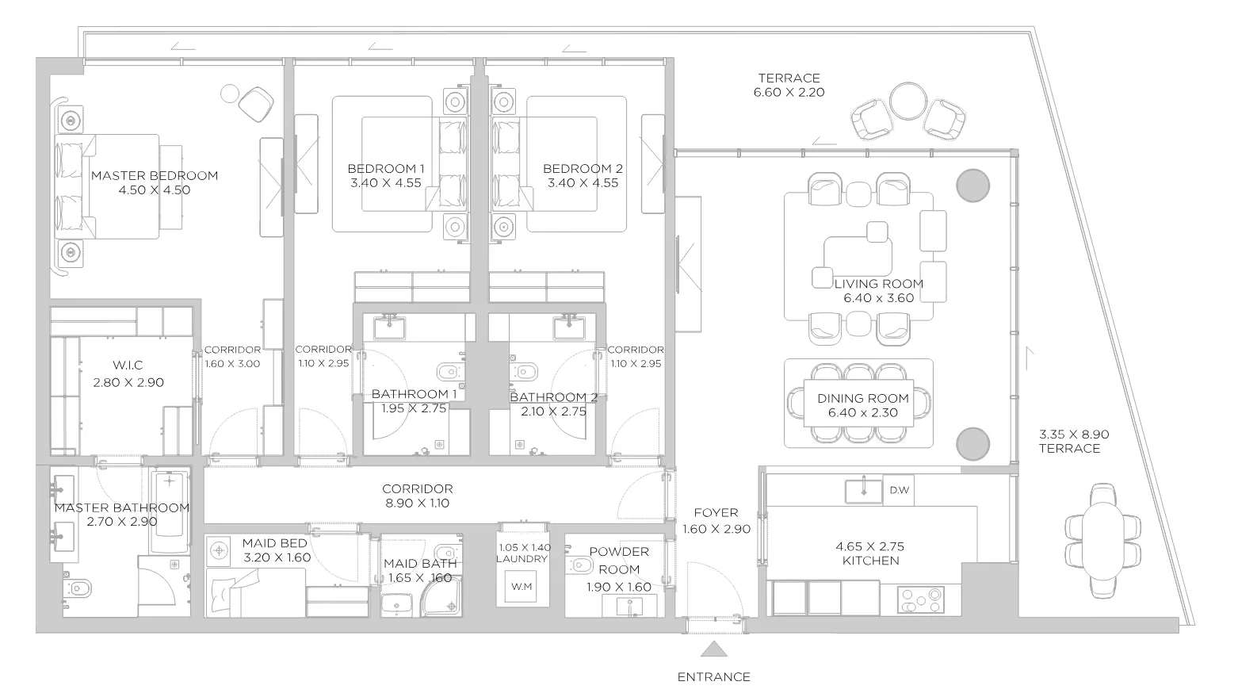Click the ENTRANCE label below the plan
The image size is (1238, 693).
(x=713, y=676)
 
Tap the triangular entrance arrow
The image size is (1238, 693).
(x=713, y=649)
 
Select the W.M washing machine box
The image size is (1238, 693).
(x=522, y=587)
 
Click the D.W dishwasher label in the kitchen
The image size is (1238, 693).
(x=900, y=490)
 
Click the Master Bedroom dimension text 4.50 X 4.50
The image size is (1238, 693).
(x=155, y=190)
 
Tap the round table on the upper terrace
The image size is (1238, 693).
(x=908, y=101)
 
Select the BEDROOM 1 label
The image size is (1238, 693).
(x=386, y=169)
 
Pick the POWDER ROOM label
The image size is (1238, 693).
(x=619, y=561)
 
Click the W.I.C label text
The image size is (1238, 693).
(x=128, y=365)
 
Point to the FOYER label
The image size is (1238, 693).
(x=716, y=513)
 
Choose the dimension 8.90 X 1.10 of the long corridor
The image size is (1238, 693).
(x=417, y=503)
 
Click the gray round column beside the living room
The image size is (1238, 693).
(x=972, y=186)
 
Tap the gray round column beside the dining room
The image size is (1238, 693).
(x=972, y=443)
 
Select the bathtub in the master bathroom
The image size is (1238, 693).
(x=170, y=511)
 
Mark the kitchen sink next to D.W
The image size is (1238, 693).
(x=863, y=491)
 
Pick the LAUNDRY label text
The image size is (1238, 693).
(x=522, y=559)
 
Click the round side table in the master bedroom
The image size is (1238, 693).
(x=229, y=94)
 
